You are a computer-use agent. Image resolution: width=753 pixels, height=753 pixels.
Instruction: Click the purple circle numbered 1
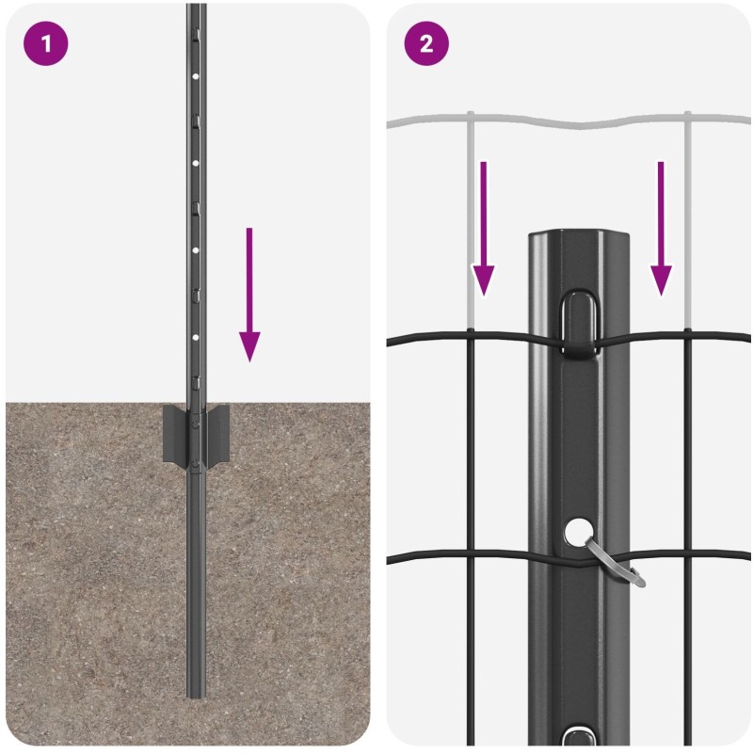click(45, 43)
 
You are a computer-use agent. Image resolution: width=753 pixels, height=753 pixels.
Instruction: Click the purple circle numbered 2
click(426, 43)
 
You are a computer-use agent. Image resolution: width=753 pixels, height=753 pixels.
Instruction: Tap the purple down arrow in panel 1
click(249, 295)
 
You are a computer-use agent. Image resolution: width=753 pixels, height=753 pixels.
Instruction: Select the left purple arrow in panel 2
click(483, 229)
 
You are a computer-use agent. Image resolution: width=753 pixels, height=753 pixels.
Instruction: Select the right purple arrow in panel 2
click(661, 229)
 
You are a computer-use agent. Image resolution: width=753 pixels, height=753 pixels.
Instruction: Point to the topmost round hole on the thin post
click(196, 76)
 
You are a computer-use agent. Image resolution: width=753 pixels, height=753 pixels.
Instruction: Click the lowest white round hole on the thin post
click(196, 338)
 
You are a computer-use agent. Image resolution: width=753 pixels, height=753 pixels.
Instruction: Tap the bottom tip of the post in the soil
click(196, 697)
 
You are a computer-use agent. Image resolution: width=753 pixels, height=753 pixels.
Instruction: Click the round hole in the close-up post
click(579, 532)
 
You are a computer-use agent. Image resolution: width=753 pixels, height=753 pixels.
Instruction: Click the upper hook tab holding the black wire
click(580, 323)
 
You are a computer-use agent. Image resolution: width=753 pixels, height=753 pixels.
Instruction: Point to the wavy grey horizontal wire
click(569, 122)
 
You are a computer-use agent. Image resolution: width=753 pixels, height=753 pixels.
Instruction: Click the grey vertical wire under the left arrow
click(471, 221)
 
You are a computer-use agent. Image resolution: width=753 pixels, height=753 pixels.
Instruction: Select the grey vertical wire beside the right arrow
click(688, 221)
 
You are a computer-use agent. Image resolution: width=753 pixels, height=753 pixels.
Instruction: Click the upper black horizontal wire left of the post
click(457, 337)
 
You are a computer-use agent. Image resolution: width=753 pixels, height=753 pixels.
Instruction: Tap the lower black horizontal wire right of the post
click(690, 555)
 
